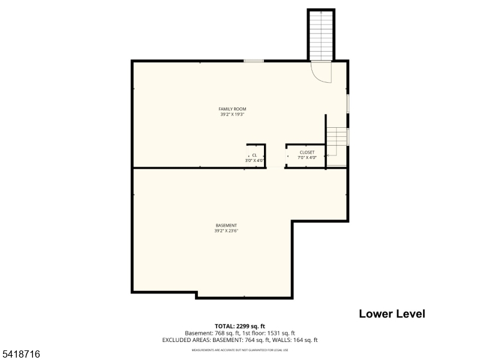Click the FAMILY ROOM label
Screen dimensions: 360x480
pos(232,109)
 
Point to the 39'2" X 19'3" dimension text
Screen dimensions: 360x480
pos(232,114)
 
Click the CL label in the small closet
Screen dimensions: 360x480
pos(254,155)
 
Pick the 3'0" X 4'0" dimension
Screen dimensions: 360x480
pos(254,160)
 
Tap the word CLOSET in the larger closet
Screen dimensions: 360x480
pos(307,152)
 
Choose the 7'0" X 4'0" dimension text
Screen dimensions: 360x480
pos(307,157)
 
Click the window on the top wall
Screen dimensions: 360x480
pos(254,61)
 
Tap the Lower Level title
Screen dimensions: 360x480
pos(392,314)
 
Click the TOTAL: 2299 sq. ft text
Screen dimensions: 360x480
pos(239,326)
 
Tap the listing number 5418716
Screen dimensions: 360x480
pos(21,355)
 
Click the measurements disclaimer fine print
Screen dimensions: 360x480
pos(239,350)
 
